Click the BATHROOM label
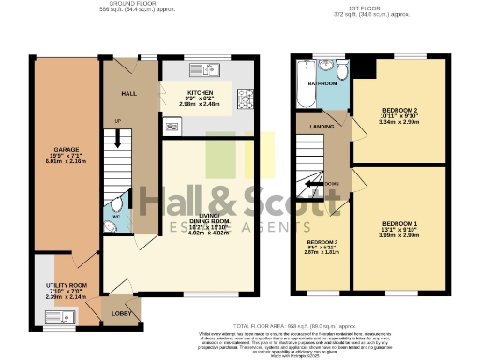(x=324, y=84)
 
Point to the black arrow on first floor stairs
(x=320, y=184)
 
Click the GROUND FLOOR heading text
(x=130, y=4)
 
